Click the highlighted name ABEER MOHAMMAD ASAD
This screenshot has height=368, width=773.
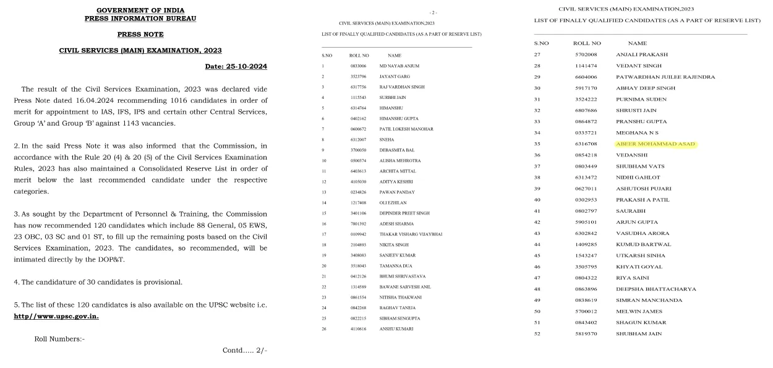(x=656, y=144)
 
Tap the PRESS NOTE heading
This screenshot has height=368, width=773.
(x=140, y=34)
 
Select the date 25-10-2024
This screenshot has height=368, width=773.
(x=236, y=66)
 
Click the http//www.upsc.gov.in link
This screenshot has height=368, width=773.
(x=56, y=316)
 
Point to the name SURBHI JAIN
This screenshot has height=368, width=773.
(x=393, y=98)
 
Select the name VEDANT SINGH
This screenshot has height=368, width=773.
(x=639, y=66)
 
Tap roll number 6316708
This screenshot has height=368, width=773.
(x=585, y=144)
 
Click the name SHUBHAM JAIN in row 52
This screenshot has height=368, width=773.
(x=639, y=334)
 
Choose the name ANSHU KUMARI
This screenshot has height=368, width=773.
(x=396, y=328)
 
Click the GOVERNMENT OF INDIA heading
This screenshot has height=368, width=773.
(x=140, y=11)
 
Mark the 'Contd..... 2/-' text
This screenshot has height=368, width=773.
(x=244, y=351)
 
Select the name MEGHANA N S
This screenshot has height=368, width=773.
(x=637, y=133)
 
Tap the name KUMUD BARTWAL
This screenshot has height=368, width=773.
(x=643, y=245)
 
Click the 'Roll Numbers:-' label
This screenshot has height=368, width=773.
(x=59, y=339)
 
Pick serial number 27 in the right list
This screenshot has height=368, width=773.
(x=537, y=54)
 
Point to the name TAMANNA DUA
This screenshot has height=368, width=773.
(x=396, y=265)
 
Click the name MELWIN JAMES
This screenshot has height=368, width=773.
(x=639, y=312)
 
